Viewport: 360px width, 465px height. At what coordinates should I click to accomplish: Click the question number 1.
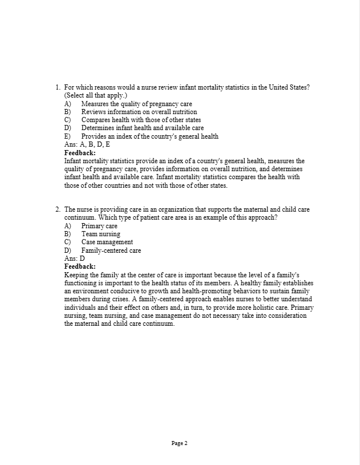click(58, 87)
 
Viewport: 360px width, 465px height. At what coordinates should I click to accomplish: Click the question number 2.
click(58, 210)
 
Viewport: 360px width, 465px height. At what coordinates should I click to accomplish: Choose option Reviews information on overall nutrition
click(139, 112)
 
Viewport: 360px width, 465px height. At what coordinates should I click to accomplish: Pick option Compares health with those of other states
click(141, 120)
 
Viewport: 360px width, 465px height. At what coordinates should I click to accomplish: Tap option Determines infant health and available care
click(142, 128)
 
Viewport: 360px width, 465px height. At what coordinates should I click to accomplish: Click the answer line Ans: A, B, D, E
click(88, 145)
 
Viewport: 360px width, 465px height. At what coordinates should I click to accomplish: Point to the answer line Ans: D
click(75, 258)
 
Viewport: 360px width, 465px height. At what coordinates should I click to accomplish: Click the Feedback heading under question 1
click(80, 153)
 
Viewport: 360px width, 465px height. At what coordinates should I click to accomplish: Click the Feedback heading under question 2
click(80, 266)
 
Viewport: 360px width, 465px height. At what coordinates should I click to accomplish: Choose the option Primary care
click(99, 226)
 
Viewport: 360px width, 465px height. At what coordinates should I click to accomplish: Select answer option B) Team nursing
click(101, 234)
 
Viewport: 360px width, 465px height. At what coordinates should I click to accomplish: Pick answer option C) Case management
click(107, 242)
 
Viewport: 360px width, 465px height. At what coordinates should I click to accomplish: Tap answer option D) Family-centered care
click(111, 250)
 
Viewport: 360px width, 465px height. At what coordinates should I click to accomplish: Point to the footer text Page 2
click(179, 443)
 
